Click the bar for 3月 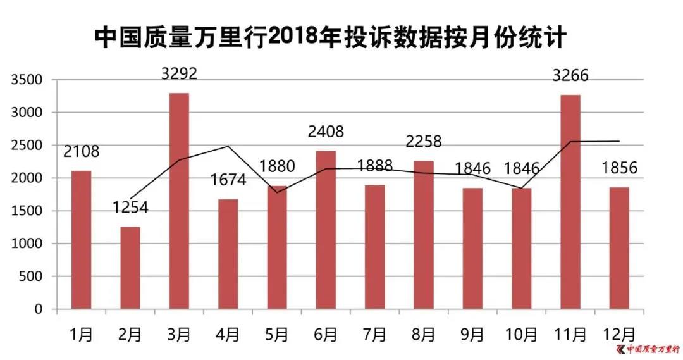(179, 201)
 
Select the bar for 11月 (570, 202)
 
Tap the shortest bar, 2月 (130, 268)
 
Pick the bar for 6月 (326, 230)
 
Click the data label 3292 (179, 74)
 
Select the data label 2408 (326, 132)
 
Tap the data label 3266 (570, 76)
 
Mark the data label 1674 (227, 180)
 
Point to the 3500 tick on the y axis (25, 80)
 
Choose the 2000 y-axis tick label (25, 178)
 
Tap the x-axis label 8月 (423, 333)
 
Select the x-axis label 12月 (618, 333)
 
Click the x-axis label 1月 (81, 333)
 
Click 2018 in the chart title (293, 39)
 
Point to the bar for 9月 (472, 248)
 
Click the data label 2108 (81, 152)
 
